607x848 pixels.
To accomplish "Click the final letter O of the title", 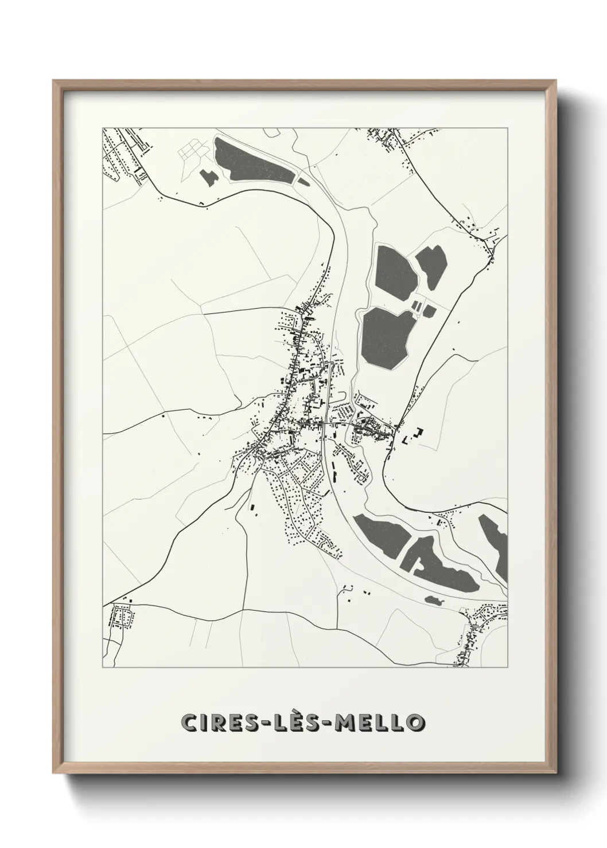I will [415, 722].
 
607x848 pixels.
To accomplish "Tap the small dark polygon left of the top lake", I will [208, 177].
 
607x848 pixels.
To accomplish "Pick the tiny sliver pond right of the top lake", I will [303, 182].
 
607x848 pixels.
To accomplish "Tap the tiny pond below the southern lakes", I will [434, 600].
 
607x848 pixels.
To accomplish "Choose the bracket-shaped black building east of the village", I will [419, 433].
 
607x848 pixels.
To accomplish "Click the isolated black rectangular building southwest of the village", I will [251, 507].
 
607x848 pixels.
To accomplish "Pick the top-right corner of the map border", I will [508, 128].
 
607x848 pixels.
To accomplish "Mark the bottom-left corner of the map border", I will [103, 668].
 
